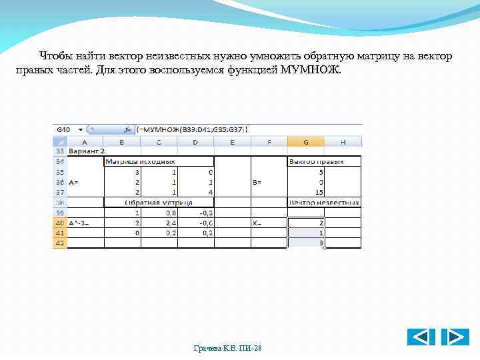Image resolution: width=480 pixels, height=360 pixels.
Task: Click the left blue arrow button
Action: (x=421, y=337)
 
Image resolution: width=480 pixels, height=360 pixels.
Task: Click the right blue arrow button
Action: (x=455, y=337)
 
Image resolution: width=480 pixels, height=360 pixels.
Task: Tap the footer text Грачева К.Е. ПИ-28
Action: (x=227, y=349)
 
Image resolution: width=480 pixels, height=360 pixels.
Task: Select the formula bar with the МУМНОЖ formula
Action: (x=193, y=129)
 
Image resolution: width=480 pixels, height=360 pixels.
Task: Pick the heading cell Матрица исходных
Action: (x=140, y=161)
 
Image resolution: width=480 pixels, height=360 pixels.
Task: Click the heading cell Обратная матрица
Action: (x=159, y=202)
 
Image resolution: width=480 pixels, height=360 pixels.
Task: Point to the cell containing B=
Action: (x=257, y=181)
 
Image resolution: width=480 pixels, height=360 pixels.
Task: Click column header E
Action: (x=232, y=141)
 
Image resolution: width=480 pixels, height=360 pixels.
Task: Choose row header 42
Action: (x=59, y=243)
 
